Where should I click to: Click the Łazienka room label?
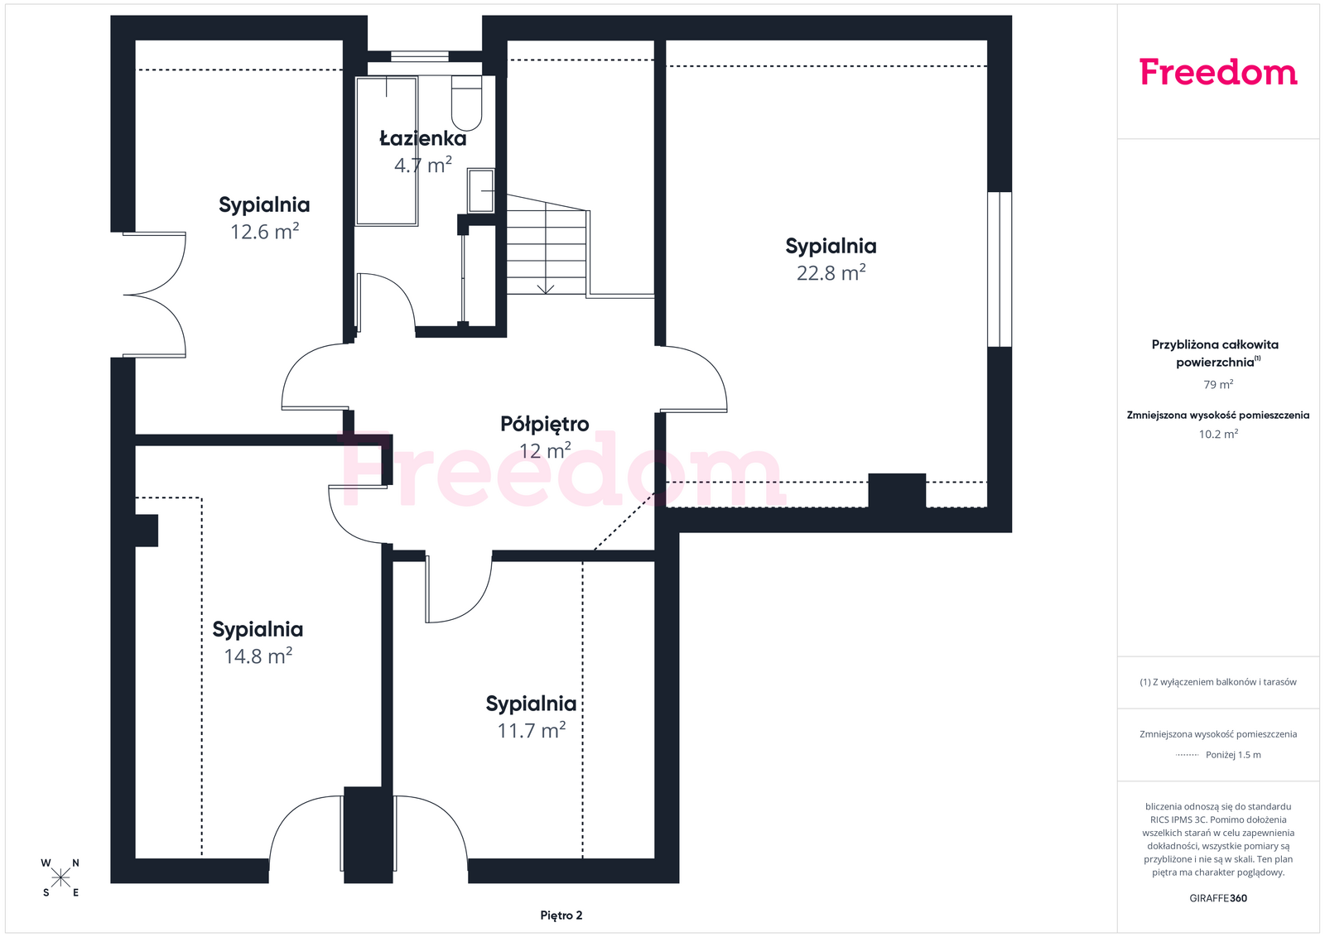point(422,137)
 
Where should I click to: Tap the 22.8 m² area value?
point(831,272)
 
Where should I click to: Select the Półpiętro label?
point(544,425)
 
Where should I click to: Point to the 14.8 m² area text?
point(258,656)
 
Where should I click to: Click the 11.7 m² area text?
point(531,730)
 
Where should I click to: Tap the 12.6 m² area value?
point(264,231)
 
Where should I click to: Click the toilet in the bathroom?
point(467,103)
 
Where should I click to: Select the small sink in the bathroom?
point(481,190)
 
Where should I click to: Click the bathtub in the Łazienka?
point(387,151)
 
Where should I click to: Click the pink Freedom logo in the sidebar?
point(1218,72)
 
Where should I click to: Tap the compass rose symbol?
point(60,878)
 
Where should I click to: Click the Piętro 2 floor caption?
point(561,915)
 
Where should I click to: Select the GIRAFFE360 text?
point(1218,898)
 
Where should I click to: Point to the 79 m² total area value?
point(1218,384)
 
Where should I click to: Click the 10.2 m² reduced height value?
point(1218,434)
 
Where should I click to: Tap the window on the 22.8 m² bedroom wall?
point(1000,269)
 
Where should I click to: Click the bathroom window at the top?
point(419,57)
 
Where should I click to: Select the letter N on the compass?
point(75,863)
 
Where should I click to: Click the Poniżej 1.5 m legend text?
point(1233,755)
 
